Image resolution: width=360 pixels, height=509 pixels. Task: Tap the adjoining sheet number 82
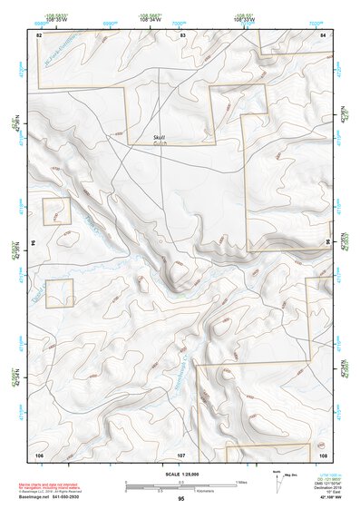[x=39, y=34]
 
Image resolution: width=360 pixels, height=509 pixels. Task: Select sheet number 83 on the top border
[x=182, y=34]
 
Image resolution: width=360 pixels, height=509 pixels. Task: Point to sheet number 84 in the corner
[x=324, y=34]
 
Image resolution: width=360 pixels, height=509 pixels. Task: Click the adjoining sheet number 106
[x=39, y=453]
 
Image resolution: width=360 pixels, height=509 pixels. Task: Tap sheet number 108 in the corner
[x=323, y=453]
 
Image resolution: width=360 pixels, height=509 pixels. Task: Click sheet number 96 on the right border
[x=326, y=243]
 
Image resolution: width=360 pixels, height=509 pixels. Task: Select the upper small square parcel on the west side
[x=57, y=211]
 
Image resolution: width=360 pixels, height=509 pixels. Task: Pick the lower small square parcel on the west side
[x=60, y=293]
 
